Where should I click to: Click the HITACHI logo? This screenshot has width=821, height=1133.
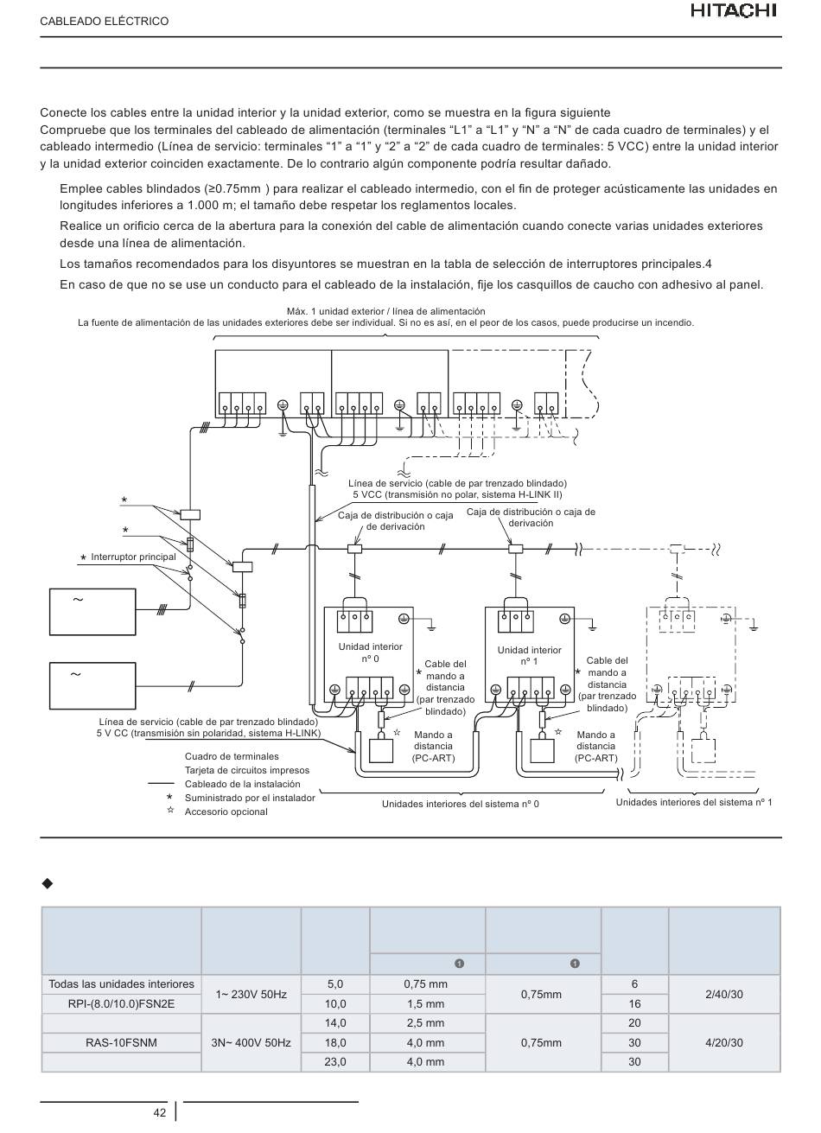734,10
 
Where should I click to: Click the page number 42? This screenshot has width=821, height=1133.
159,1112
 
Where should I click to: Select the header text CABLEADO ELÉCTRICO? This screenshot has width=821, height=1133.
105,22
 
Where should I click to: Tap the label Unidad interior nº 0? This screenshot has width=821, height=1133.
370,652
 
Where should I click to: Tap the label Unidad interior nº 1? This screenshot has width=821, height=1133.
529,656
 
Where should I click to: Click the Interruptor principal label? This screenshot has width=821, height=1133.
134,557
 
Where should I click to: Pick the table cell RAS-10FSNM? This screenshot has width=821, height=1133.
121,1042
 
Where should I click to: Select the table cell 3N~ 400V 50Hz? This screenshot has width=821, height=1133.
251,1042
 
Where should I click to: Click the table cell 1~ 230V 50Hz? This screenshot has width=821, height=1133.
251,994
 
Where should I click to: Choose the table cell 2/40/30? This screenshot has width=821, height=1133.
724,994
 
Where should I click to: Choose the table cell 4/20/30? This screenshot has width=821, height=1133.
724,1042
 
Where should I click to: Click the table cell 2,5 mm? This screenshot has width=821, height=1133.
425,1022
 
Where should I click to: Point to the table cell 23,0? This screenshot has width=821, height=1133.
334,1061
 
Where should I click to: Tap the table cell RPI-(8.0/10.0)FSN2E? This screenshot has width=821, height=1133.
121,1003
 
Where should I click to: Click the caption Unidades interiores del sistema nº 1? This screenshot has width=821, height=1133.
693,802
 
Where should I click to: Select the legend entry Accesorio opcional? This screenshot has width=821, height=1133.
226,812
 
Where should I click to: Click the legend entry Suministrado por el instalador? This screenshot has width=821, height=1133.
250,799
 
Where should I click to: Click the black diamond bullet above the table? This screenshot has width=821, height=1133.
47,883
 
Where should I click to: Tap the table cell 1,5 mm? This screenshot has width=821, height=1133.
425,1003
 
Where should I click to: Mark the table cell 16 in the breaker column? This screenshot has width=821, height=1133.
634,1003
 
